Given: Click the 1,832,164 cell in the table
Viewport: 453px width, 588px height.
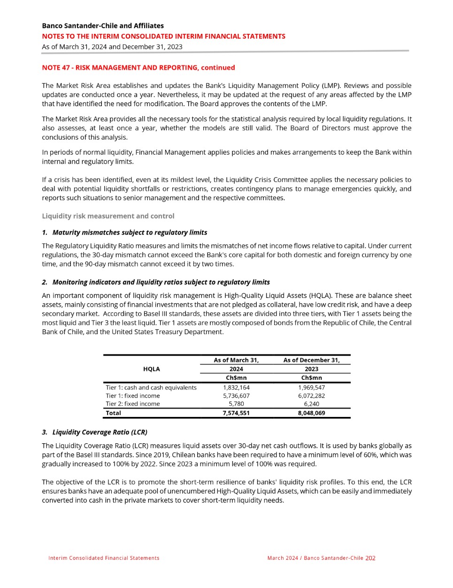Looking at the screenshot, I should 236,388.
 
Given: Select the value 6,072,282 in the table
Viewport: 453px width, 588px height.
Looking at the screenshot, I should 311,396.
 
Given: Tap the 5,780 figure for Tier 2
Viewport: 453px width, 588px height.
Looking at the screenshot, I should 236,404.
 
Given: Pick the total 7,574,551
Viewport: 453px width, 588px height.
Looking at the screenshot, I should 236,413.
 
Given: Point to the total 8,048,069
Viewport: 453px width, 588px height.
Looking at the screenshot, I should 311,413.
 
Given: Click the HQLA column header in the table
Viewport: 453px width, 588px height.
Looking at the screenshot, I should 151,369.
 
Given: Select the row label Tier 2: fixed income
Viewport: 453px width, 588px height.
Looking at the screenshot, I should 133,404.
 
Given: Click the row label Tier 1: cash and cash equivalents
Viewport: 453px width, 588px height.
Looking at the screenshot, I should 151,388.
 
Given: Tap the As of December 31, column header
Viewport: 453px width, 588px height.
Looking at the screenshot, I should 311,360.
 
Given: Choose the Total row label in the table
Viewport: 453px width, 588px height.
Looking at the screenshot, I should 114,413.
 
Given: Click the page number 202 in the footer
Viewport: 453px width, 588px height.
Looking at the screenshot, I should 370,558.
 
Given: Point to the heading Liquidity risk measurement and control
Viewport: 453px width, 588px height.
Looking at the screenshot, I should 108,216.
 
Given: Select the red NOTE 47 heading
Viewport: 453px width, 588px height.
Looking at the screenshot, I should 138,68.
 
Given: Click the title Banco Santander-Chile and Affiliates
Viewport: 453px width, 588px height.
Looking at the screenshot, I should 103,26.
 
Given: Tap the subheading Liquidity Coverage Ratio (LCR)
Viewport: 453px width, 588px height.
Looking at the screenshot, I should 100,432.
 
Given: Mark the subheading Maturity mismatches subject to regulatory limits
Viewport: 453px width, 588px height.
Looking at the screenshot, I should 130,232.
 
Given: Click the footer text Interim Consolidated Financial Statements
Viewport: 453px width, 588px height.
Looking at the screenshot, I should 104,558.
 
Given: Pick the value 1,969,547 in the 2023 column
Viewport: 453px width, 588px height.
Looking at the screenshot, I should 311,388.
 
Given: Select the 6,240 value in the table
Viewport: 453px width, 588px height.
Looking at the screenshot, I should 311,404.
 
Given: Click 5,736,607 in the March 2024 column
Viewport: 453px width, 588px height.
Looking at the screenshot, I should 236,396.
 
